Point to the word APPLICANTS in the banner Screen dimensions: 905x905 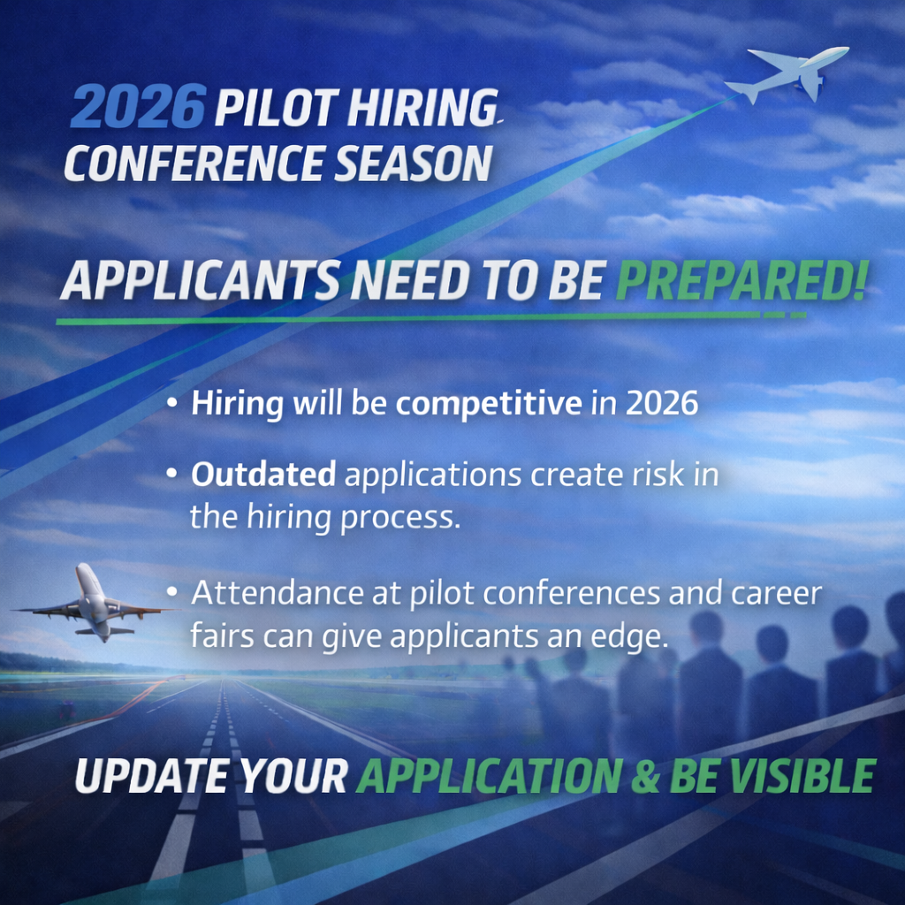200,282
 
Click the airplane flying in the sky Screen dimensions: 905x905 789,72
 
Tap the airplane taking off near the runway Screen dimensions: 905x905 92,603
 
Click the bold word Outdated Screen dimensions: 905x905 263,475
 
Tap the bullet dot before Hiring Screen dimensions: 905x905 171,405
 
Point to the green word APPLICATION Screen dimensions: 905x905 489,776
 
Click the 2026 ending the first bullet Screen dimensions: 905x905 662,403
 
